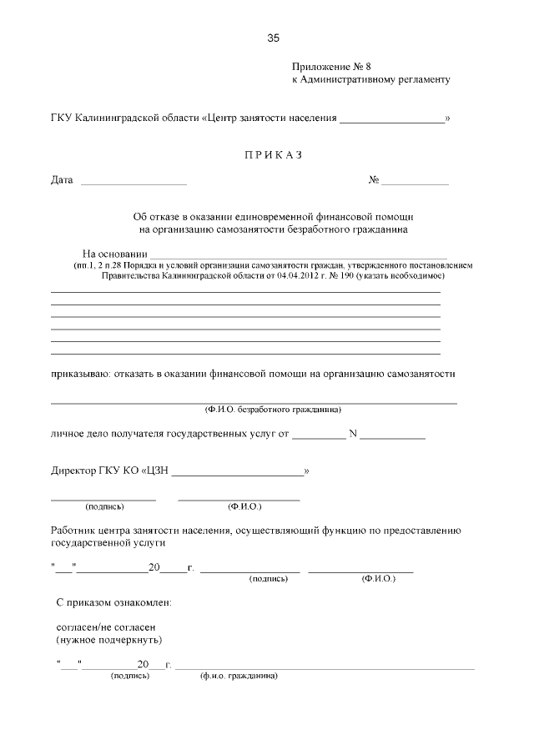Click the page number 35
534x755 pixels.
pyautogui.click(x=273, y=38)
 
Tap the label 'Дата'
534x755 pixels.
pyautogui.click(x=62, y=180)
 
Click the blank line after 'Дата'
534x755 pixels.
pyautogui.click(x=133, y=182)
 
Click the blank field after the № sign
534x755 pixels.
pyautogui.click(x=416, y=182)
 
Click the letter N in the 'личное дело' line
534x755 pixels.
pyautogui.click(x=352, y=434)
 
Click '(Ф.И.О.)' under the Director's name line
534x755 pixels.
pyautogui.click(x=244, y=506)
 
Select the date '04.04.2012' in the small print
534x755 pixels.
pyautogui.click(x=291, y=274)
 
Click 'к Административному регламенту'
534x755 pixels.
pyautogui.click(x=370, y=80)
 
